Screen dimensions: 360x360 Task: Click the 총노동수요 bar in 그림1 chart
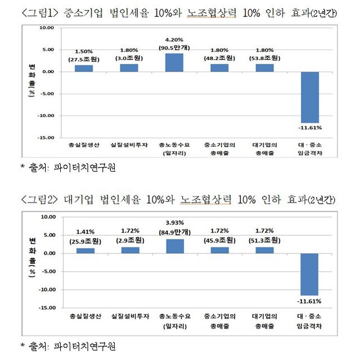click(x=174, y=62)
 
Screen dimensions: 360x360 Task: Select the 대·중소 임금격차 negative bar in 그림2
click(x=310, y=274)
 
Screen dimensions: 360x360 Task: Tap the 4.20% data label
click(x=174, y=39)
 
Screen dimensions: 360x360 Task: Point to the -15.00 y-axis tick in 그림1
click(x=47, y=137)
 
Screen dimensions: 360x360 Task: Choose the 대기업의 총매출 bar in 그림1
click(x=264, y=67)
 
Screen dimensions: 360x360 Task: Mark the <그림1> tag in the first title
click(x=40, y=12)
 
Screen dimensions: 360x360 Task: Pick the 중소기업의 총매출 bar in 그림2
click(x=219, y=250)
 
